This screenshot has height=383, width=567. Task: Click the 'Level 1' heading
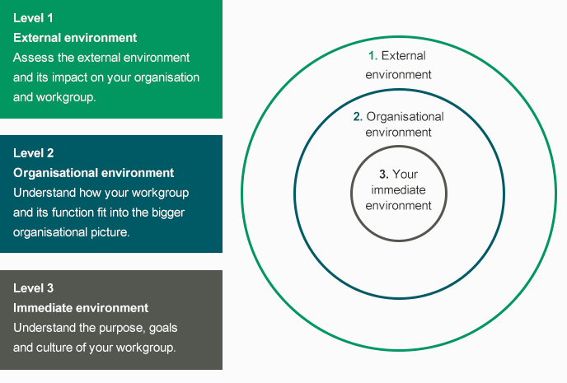point(33,18)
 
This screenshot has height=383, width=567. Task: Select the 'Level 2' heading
point(34,153)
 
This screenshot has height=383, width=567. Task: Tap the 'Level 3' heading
point(34,288)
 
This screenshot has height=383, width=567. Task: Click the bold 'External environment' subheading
point(75,38)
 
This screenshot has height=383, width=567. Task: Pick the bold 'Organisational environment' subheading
point(94,173)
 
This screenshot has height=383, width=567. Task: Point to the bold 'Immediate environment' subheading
point(81,308)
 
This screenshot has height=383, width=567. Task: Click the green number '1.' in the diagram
point(373,56)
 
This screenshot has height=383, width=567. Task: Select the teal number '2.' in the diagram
point(358,117)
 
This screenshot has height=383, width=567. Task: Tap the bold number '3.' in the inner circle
point(384,175)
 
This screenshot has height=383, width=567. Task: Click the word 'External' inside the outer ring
point(404,56)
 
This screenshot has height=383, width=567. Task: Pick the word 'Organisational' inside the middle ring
point(405,117)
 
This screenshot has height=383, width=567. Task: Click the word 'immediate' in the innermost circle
point(399,190)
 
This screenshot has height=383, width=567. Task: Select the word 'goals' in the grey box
point(163,328)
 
